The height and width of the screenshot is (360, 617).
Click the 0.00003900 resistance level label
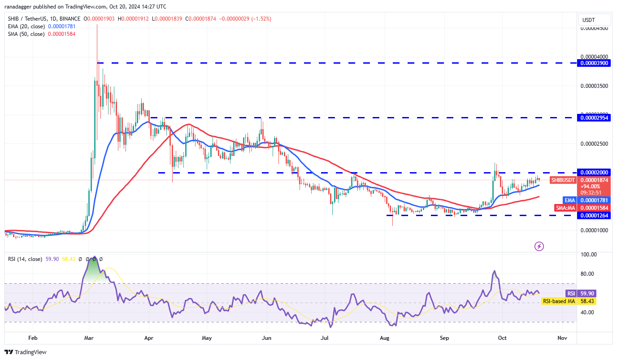point(594,63)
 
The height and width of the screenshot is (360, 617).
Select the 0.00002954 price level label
point(594,118)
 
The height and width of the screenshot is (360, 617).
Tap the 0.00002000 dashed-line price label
point(594,173)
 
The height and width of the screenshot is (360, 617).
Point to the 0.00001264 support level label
point(594,216)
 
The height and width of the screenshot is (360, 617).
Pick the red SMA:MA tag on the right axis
point(566,208)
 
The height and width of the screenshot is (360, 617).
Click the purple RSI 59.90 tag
point(571,294)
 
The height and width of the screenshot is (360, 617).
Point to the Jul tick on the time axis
point(326,338)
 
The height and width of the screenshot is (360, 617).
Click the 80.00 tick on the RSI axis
point(588,273)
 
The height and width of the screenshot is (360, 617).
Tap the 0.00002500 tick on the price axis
point(594,144)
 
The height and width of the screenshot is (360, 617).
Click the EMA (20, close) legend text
point(26,26)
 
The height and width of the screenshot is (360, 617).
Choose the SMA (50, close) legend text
point(26,34)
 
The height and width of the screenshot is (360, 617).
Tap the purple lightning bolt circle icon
point(539,246)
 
